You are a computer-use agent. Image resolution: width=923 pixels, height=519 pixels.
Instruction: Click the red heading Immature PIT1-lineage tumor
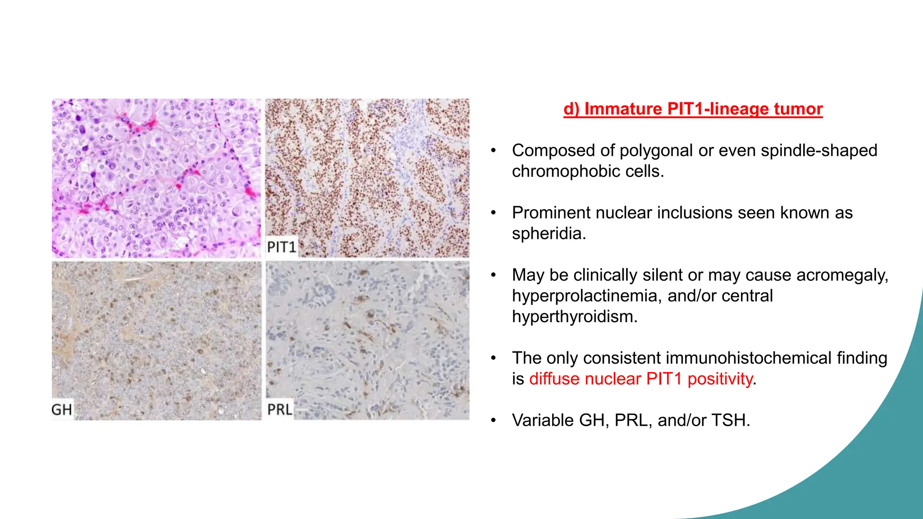(x=693, y=109)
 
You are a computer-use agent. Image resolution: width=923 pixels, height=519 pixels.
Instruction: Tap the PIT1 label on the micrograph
(x=282, y=247)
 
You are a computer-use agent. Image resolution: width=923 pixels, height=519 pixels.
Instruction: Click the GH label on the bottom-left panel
(x=62, y=410)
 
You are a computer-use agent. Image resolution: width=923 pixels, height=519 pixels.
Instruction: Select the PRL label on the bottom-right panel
(x=280, y=409)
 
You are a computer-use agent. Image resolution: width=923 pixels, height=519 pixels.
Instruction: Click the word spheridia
(x=548, y=234)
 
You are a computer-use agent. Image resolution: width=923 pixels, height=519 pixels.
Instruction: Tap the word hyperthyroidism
(x=574, y=317)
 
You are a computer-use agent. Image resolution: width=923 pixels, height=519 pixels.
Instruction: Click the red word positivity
(x=720, y=379)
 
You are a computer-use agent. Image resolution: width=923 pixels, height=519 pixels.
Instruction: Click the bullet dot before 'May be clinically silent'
(x=493, y=275)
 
